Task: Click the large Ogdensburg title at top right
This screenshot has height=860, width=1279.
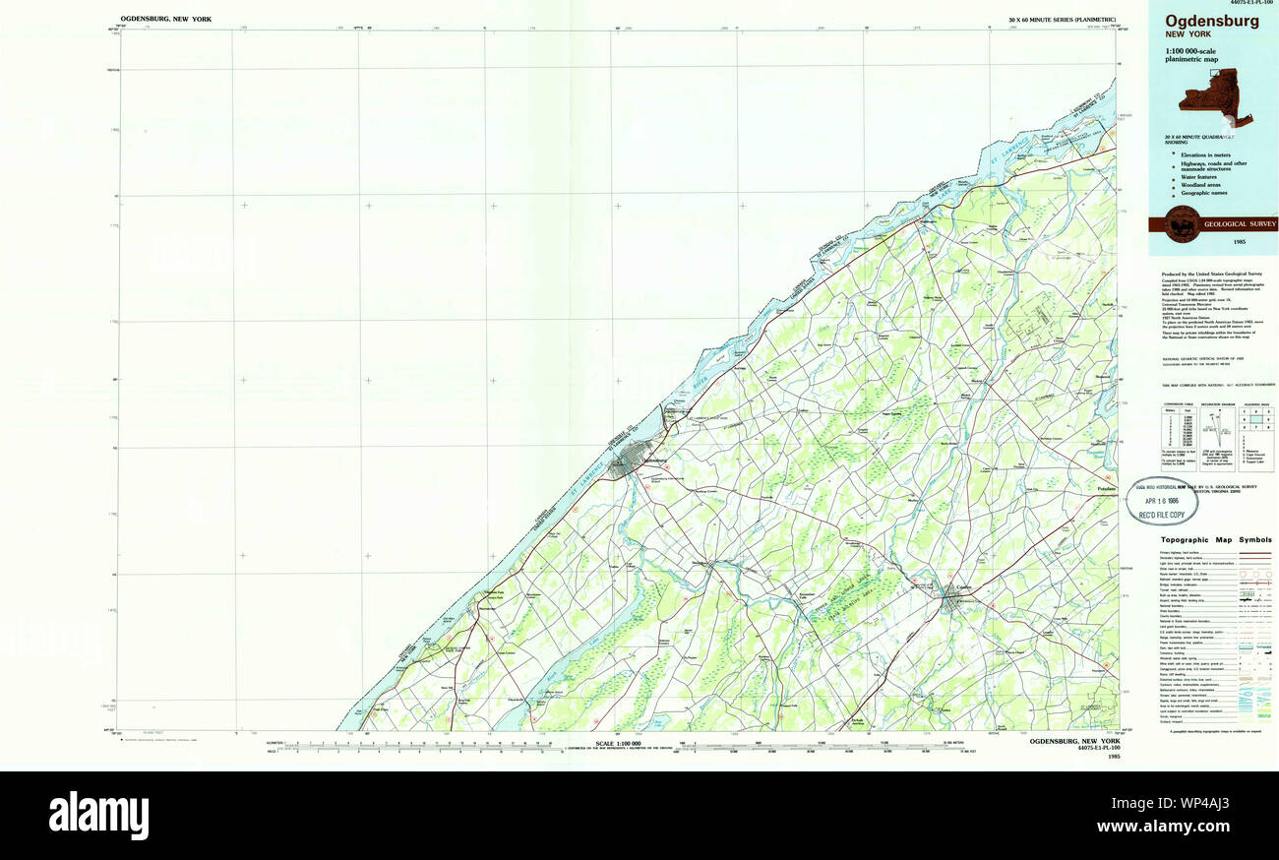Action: [x=1211, y=21]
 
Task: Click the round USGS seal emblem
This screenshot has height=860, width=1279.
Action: [x=1182, y=224]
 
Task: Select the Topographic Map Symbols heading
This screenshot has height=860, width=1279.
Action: [x=1215, y=539]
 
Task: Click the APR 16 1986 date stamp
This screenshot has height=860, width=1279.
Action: [x=1168, y=500]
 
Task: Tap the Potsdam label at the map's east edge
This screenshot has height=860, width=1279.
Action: [x=1107, y=489]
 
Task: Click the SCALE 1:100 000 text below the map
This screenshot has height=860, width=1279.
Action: [x=619, y=742]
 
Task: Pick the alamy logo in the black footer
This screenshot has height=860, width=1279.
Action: [x=98, y=816]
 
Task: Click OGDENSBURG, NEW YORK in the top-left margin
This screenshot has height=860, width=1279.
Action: [x=165, y=19]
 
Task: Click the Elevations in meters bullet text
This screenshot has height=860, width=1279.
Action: [x=1211, y=154]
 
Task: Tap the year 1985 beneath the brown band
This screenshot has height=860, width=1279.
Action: [x=1211, y=241]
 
